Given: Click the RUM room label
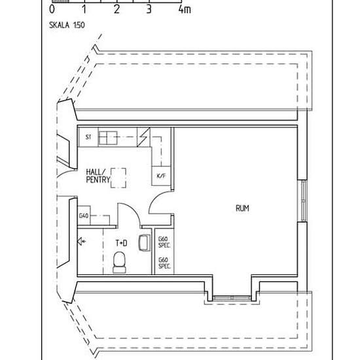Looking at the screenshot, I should pyautogui.click(x=242, y=209).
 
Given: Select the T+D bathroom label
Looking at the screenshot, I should pyautogui.click(x=122, y=243).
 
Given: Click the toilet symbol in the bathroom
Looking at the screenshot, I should pyautogui.click(x=119, y=262).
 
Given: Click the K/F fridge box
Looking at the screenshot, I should pyautogui.click(x=161, y=176).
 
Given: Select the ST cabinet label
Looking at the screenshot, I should pyautogui.click(x=88, y=137).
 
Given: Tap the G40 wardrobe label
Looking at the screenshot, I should pyautogui.click(x=84, y=216).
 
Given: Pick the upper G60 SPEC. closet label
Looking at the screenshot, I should pyautogui.click(x=164, y=242).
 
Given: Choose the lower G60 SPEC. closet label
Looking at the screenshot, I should pyautogui.click(x=164, y=264).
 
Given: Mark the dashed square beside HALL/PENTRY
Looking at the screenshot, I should pyautogui.click(x=118, y=177).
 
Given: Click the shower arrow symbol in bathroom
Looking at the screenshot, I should pyautogui.click(x=81, y=242).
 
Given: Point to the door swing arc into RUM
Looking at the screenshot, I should pyautogui.click(x=159, y=204).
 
